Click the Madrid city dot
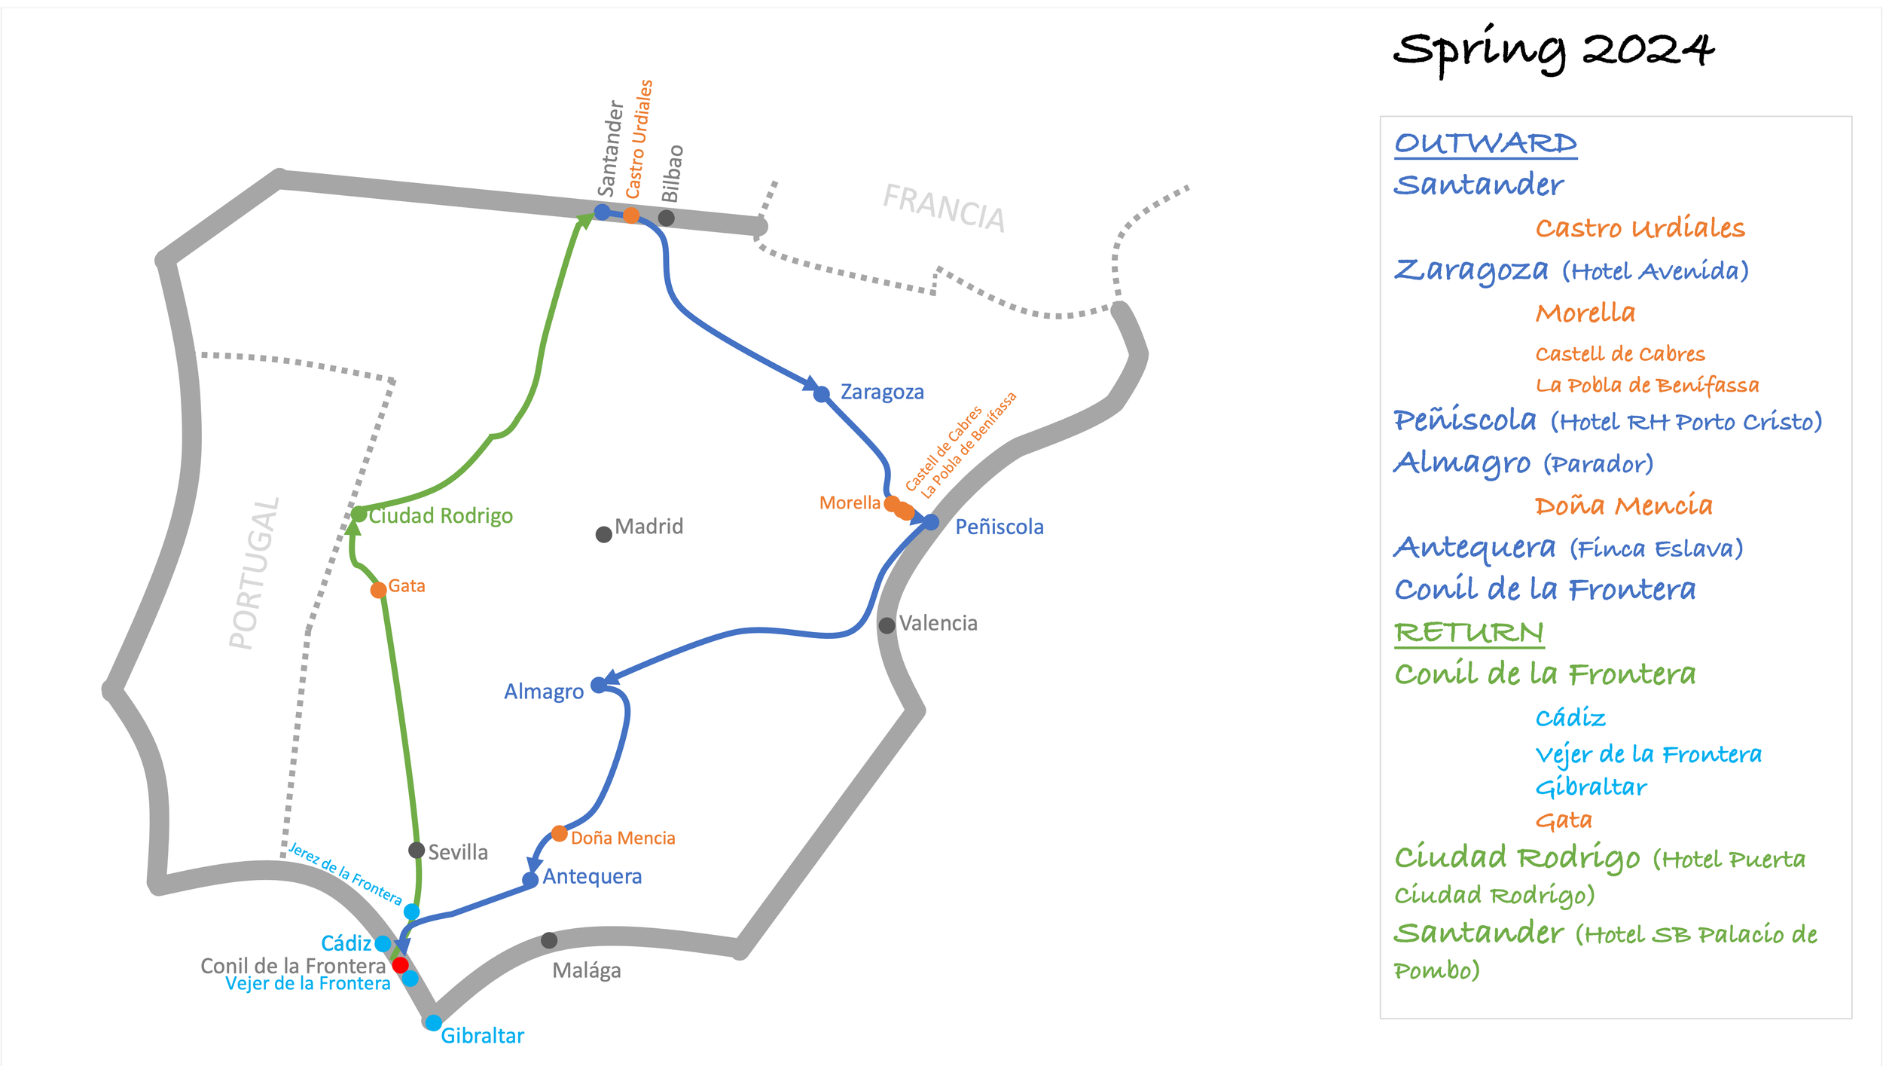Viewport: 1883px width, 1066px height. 603,534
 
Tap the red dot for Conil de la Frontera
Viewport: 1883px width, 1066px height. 401,965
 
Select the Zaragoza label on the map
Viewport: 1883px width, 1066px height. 882,392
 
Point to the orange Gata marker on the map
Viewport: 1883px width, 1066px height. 379,590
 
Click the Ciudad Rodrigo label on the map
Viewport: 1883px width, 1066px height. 441,516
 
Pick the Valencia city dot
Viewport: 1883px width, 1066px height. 887,625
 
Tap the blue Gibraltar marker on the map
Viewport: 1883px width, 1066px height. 434,1023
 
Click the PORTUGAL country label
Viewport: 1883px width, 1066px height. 255,573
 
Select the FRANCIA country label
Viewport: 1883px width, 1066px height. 944,208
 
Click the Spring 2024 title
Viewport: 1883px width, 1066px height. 1553,51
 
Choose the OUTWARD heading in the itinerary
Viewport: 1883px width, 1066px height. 1485,143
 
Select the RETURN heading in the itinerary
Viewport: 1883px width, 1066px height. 1469,633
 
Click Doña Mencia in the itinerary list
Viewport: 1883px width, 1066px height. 1623,505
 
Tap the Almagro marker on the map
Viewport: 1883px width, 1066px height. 599,685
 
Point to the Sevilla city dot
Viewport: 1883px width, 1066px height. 416,851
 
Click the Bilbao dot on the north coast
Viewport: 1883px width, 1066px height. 667,218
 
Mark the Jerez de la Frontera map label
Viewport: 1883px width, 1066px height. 346,874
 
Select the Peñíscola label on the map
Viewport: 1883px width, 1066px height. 999,527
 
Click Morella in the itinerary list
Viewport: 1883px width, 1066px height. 1585,313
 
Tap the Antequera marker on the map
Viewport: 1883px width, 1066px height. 530,880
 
